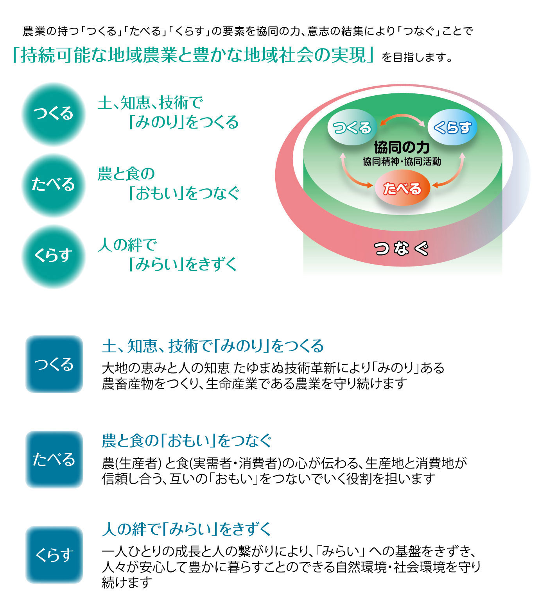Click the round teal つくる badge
point(53,114)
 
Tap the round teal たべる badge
point(53,185)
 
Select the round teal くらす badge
point(53,256)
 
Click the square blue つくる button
point(54,364)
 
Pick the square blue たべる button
point(54,459)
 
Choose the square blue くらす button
point(54,555)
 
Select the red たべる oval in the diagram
point(402,188)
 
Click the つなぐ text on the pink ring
point(402,249)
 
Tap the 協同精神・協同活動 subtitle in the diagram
point(402,161)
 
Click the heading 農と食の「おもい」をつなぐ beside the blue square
point(187,441)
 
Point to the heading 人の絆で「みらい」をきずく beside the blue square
point(187,530)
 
